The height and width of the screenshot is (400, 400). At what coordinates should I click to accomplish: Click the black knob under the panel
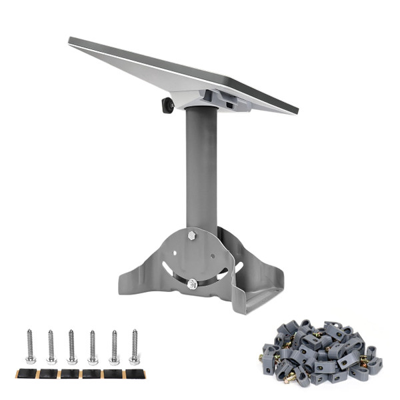(x=167, y=105)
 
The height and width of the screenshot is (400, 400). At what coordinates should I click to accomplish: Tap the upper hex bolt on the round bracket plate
(x=191, y=235)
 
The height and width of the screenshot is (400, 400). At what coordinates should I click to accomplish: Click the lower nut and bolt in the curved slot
(x=192, y=284)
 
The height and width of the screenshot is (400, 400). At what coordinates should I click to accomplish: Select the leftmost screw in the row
(x=31, y=347)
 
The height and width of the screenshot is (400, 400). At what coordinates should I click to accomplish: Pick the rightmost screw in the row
(x=134, y=347)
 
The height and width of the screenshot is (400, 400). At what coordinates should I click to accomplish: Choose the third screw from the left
(x=71, y=347)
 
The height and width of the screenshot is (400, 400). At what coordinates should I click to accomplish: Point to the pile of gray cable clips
(x=321, y=353)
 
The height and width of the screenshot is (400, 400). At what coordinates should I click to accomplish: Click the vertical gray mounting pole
(x=201, y=167)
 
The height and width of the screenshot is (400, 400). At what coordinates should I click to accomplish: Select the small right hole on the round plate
(x=212, y=253)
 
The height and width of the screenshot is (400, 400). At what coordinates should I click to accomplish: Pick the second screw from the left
(x=51, y=347)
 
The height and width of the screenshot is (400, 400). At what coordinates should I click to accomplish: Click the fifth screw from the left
(x=114, y=347)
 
